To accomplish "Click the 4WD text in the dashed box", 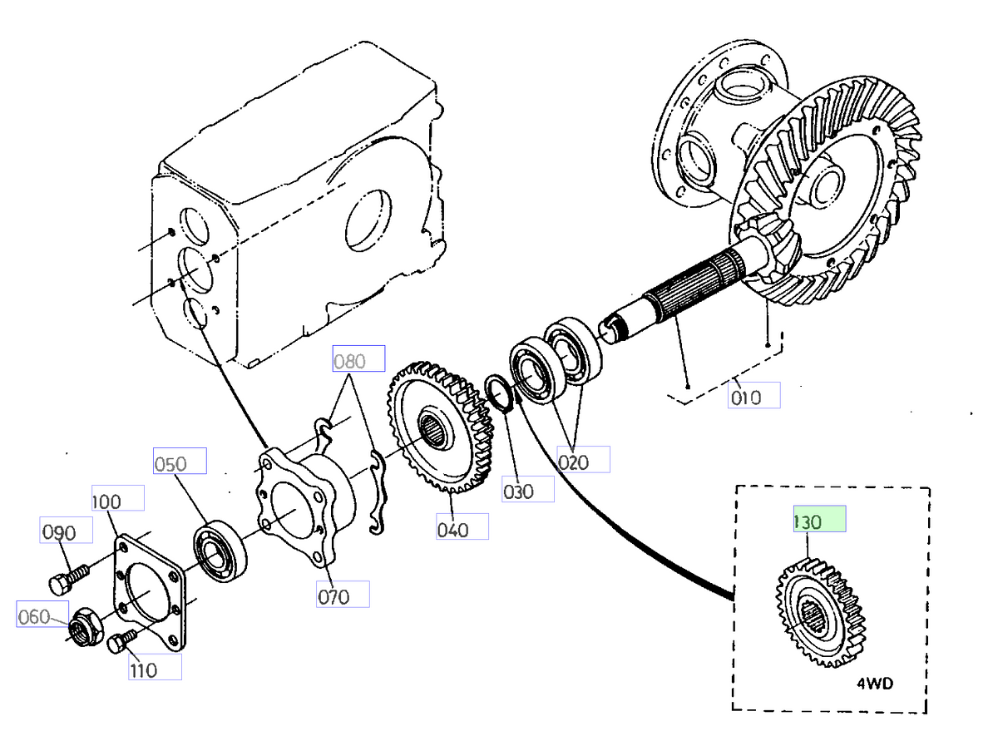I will (877, 685).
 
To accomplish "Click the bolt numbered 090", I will (67, 577).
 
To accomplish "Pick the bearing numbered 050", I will (220, 550).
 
